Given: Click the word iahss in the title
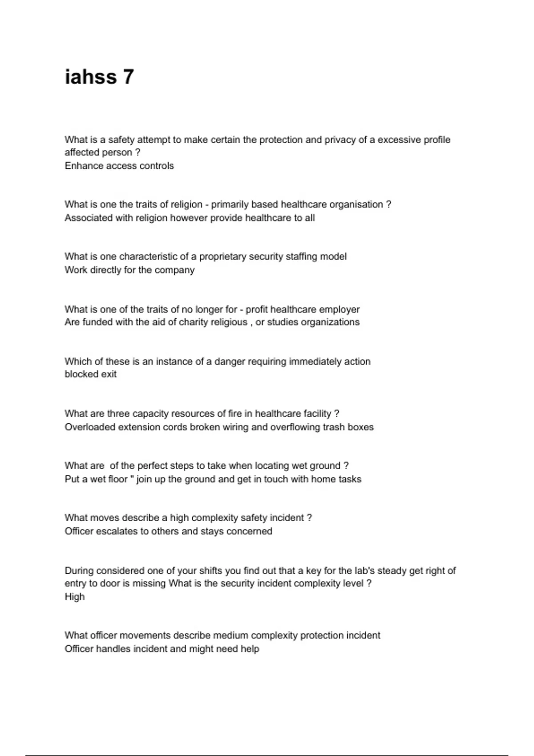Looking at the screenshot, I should pyautogui.click(x=91, y=76).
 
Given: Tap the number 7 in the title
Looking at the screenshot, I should pyautogui.click(x=128, y=76).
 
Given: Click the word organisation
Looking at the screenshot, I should pyautogui.click(x=356, y=205).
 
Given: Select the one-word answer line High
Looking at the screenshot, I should pyautogui.click(x=74, y=597).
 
